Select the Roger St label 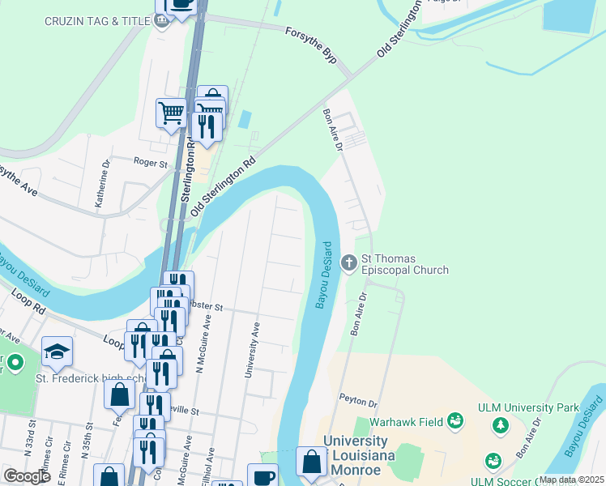tap(150, 163)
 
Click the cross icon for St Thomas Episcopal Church tap(349, 262)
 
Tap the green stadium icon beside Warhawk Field tap(454, 420)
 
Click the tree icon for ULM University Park tap(501, 424)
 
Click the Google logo tap(27, 476)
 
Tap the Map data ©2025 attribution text tap(570, 479)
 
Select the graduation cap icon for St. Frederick tap(58, 351)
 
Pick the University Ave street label tap(251, 350)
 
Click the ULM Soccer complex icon tap(493, 461)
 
